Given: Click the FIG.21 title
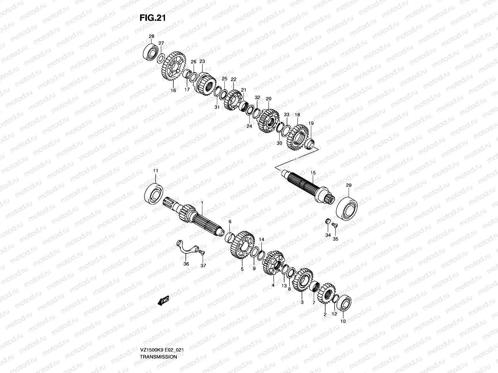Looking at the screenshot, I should tap(152, 18).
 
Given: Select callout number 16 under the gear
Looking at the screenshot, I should tap(173, 90).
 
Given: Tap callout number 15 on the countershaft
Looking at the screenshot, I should tap(313, 173).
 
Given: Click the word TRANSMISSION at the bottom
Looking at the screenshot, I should tap(158, 339).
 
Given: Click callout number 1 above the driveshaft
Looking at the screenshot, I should tap(202, 203).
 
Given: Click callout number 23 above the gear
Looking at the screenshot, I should tap(202, 61).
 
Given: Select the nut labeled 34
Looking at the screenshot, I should tap(327, 221).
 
